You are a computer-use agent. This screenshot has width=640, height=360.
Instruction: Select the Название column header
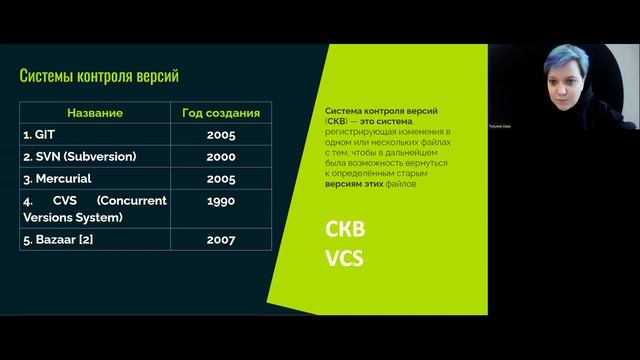pyautogui.click(x=95, y=113)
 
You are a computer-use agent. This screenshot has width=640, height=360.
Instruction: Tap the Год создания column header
pyautogui.click(x=221, y=113)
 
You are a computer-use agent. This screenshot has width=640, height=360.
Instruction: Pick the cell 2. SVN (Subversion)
pyautogui.click(x=79, y=157)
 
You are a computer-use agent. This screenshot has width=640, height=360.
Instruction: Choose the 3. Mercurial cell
pyautogui.click(x=63, y=179)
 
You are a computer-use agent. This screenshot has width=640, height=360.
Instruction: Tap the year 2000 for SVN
pyautogui.click(x=221, y=157)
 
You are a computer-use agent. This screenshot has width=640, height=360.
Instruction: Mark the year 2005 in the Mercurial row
pyautogui.click(x=221, y=179)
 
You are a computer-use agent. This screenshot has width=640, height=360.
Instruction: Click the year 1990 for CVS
pyautogui.click(x=221, y=201)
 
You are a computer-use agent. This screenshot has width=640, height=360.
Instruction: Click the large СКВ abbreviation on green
pyautogui.click(x=345, y=229)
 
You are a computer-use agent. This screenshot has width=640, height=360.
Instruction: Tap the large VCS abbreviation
pyautogui.click(x=344, y=260)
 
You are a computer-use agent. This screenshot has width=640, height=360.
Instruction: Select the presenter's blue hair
pyautogui.click(x=559, y=61)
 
